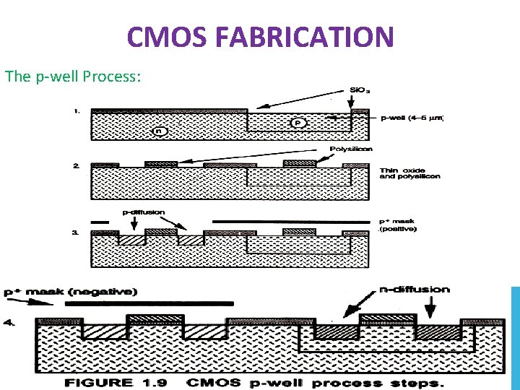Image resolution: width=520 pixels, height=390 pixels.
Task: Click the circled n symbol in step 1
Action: coord(160,131)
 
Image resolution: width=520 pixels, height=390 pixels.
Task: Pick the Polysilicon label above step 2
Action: coord(352,149)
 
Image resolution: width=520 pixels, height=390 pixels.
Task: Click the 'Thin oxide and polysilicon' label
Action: coord(409,173)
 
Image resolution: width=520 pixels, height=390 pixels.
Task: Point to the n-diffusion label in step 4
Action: coord(415,290)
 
